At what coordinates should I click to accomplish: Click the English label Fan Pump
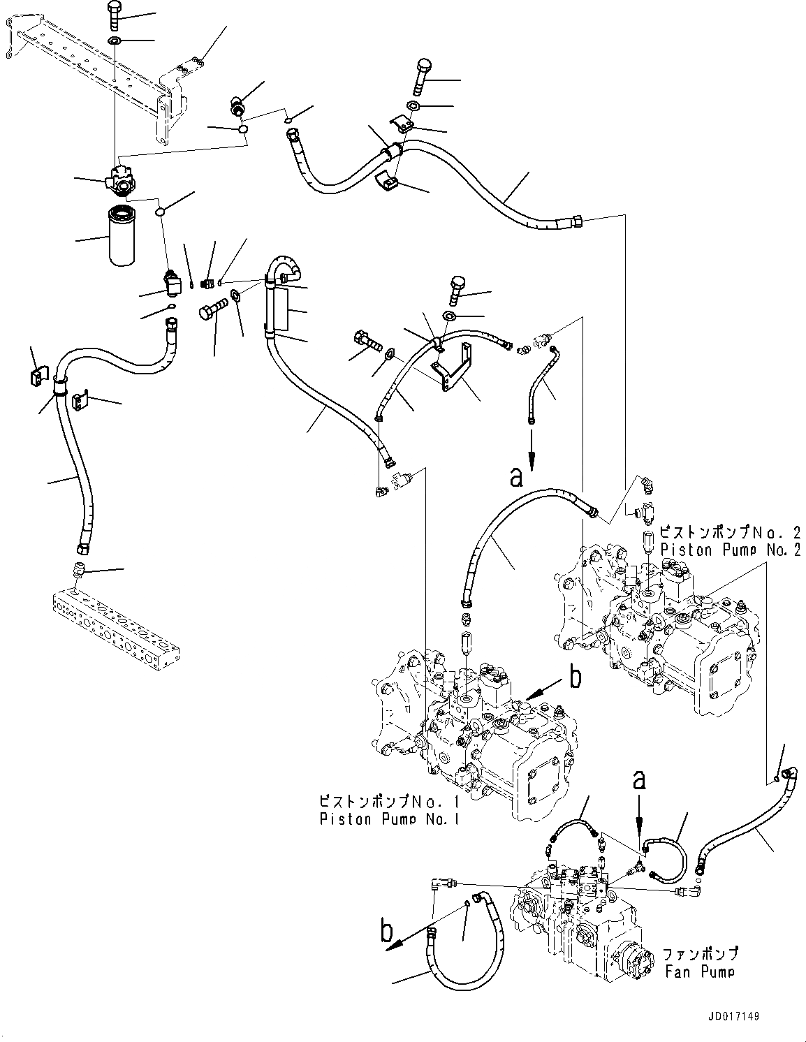point(699,971)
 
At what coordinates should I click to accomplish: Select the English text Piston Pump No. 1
point(389,819)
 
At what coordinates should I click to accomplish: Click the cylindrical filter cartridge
point(126,235)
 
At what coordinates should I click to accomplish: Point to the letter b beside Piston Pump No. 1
point(575,677)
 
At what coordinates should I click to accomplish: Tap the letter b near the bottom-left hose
point(386,932)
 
